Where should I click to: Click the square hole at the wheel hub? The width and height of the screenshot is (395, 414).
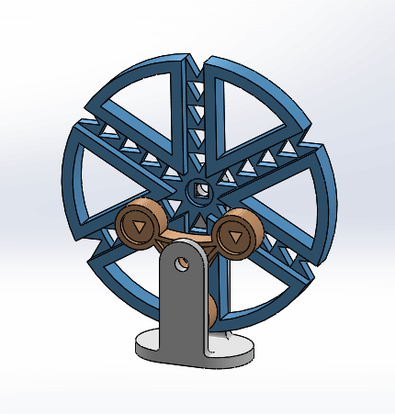click(197, 192)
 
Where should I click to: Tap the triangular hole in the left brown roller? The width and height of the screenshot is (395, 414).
click(139, 225)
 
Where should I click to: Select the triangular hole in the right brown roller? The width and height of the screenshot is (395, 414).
click(236, 237)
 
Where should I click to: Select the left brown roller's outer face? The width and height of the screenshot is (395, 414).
click(139, 225)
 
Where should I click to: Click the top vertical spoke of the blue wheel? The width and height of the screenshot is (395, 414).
click(196, 110)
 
